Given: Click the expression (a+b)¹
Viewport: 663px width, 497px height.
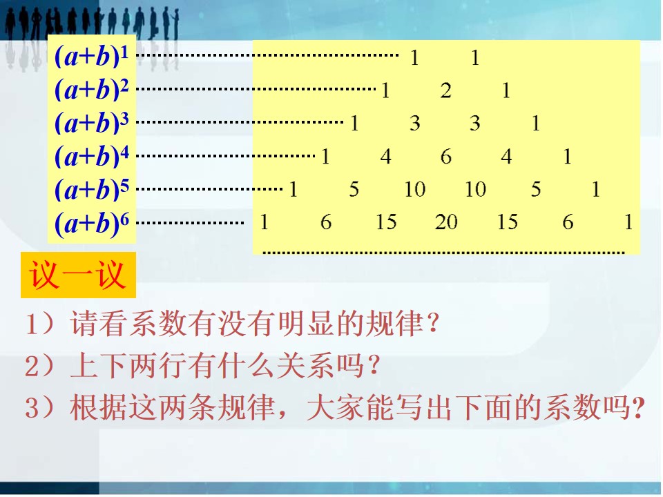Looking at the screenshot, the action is tap(91, 56).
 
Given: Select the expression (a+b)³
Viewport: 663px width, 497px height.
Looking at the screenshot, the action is tap(91, 123).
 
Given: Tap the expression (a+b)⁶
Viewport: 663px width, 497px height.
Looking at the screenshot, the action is tap(91, 223).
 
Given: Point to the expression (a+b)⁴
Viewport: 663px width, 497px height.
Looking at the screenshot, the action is tap(91, 156).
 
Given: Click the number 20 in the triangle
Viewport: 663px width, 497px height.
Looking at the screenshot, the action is tap(446, 222).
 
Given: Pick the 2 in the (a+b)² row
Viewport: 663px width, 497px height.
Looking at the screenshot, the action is tap(445, 90).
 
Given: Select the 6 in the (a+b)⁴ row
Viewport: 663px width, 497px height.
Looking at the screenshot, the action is tap(446, 157).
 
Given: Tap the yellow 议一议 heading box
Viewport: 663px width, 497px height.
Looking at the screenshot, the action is tap(78, 275).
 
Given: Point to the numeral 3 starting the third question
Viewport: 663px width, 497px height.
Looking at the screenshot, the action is tap(32, 408).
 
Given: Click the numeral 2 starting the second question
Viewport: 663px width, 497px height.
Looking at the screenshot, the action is tap(32, 366).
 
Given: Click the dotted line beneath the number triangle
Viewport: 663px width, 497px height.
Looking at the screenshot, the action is tap(443, 253).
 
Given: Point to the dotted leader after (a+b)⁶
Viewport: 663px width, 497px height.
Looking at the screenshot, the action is tap(190, 223).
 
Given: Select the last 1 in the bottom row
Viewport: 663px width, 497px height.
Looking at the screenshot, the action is tap(628, 222).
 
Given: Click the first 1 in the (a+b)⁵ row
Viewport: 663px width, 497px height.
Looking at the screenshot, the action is tap(293, 189).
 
